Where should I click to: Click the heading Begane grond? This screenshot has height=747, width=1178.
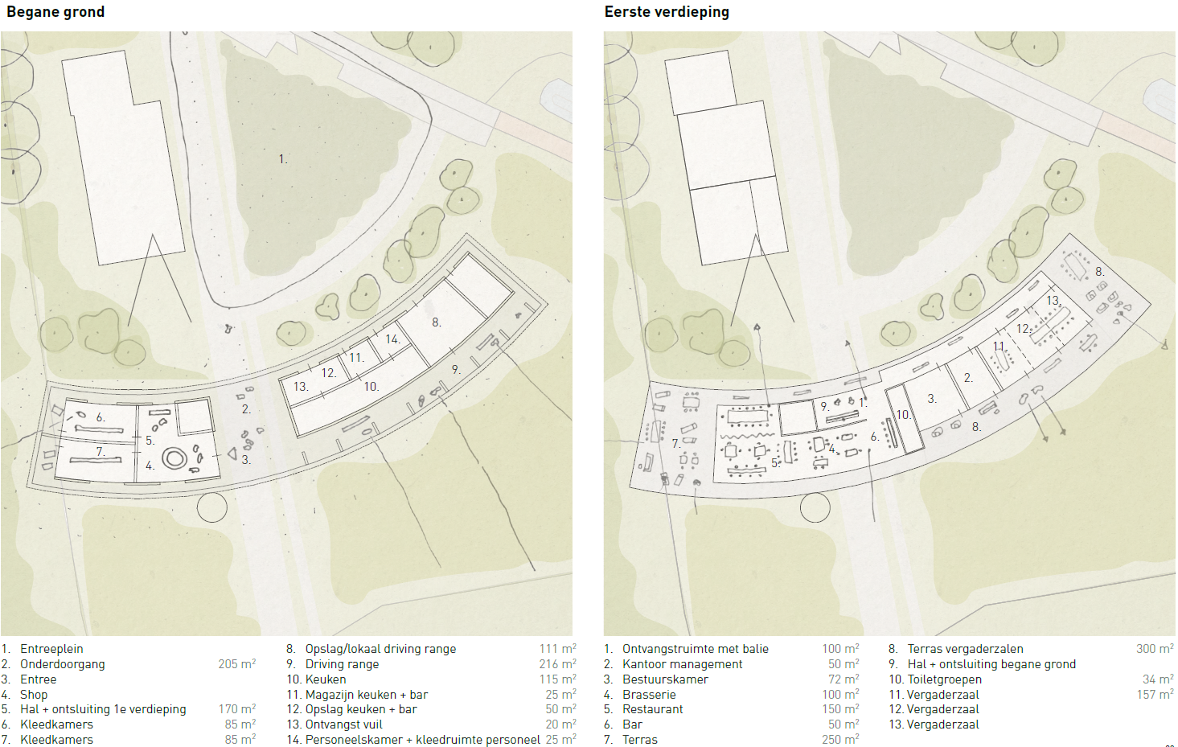(x=55, y=12)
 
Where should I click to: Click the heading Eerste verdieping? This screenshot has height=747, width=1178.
(x=667, y=12)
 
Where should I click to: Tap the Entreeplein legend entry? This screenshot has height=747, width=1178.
(x=51, y=649)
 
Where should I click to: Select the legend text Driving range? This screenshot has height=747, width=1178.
(x=342, y=664)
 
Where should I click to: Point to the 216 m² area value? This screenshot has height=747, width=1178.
(x=557, y=664)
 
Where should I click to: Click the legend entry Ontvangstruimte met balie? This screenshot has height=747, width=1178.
(x=695, y=649)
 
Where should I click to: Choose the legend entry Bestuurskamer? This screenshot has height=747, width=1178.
(x=665, y=679)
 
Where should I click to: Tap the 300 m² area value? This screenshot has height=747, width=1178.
(x=1155, y=649)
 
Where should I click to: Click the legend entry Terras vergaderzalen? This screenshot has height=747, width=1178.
(x=965, y=649)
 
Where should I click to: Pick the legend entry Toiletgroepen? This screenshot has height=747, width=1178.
(x=944, y=679)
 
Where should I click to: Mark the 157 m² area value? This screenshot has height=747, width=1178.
(x=1155, y=695)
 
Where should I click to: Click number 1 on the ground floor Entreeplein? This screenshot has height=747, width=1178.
(x=282, y=159)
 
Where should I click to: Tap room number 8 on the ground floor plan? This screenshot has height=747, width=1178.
(x=436, y=322)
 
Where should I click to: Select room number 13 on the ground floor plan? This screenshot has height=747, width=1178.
(x=300, y=387)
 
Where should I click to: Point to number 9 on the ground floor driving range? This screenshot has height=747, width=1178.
(x=455, y=370)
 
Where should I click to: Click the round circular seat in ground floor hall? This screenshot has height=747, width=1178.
(x=174, y=458)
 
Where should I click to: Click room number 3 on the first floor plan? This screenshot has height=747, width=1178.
(x=931, y=399)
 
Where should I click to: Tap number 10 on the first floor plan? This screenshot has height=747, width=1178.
(x=903, y=415)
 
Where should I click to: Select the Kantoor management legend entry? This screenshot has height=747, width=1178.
(x=682, y=664)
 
